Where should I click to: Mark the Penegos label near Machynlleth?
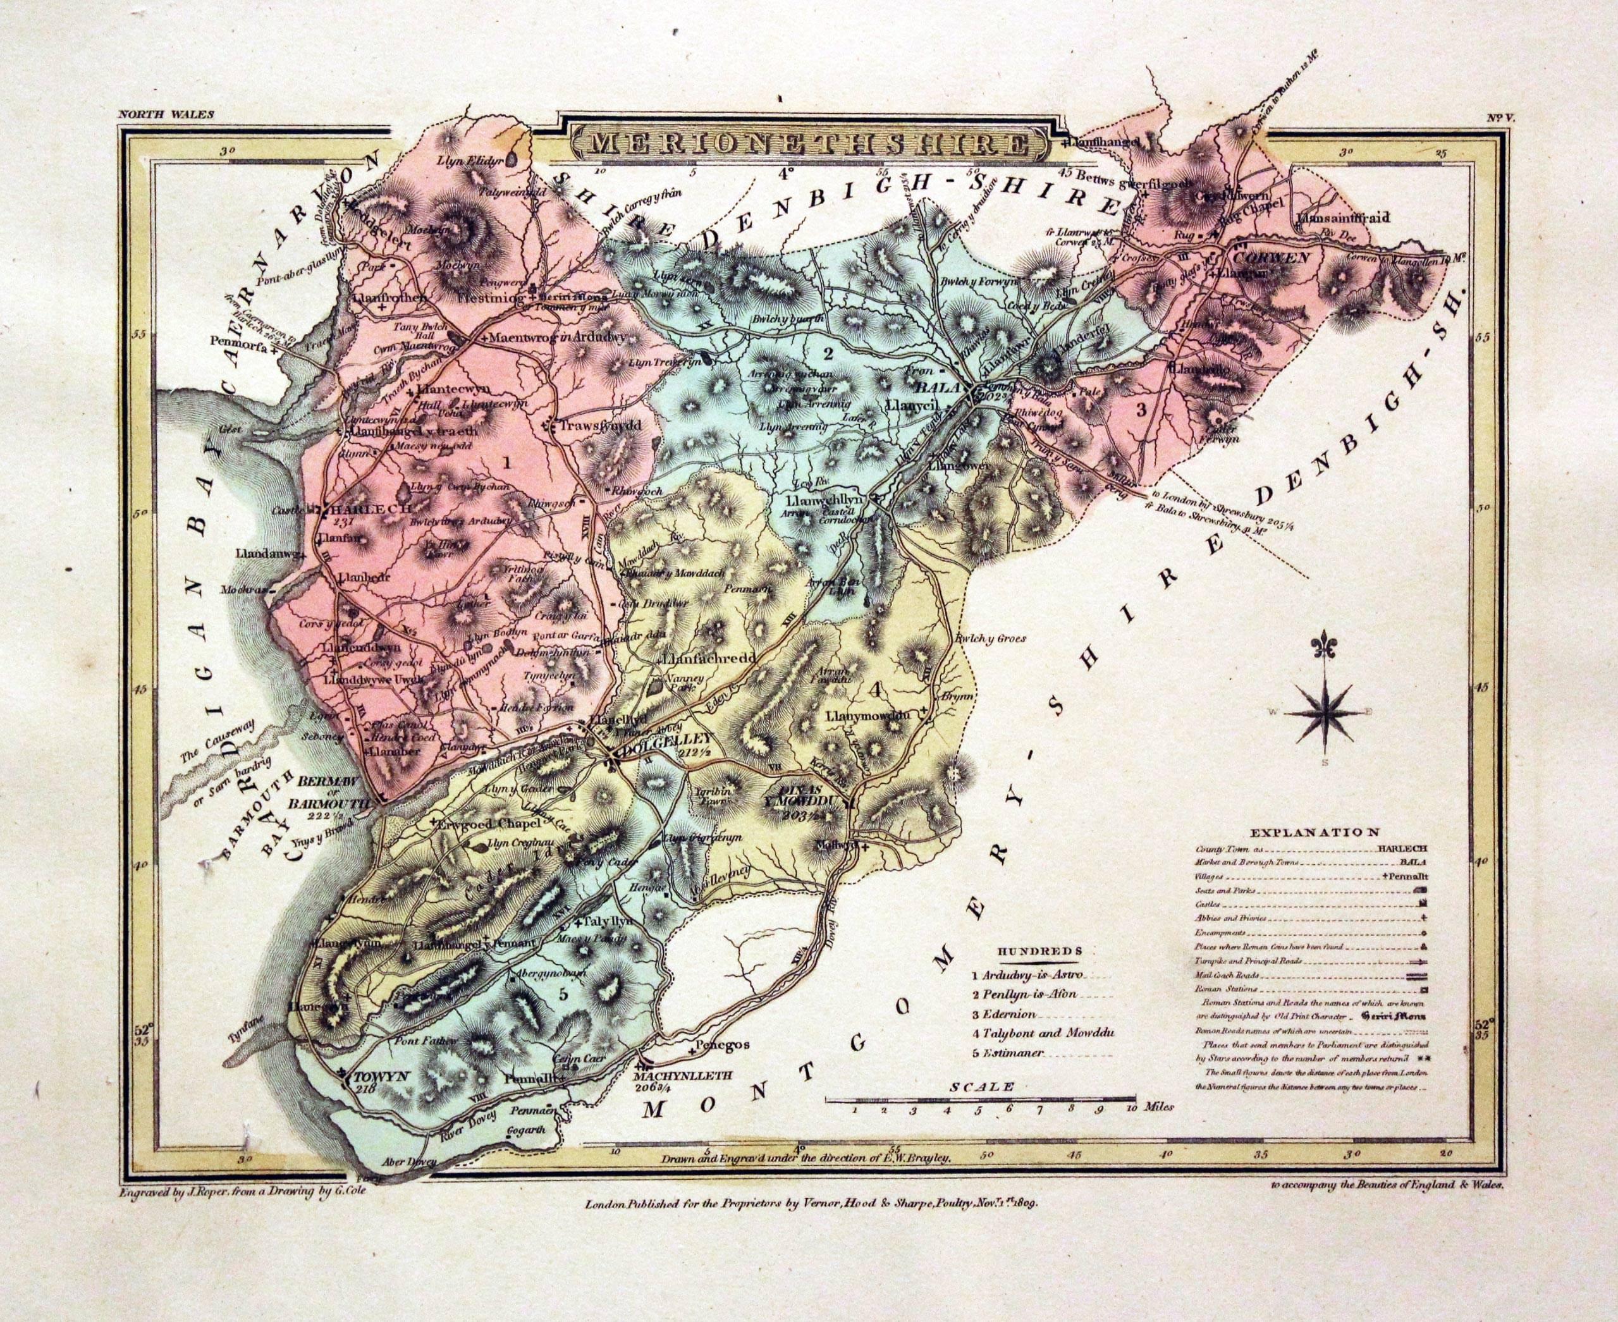[723, 1044]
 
